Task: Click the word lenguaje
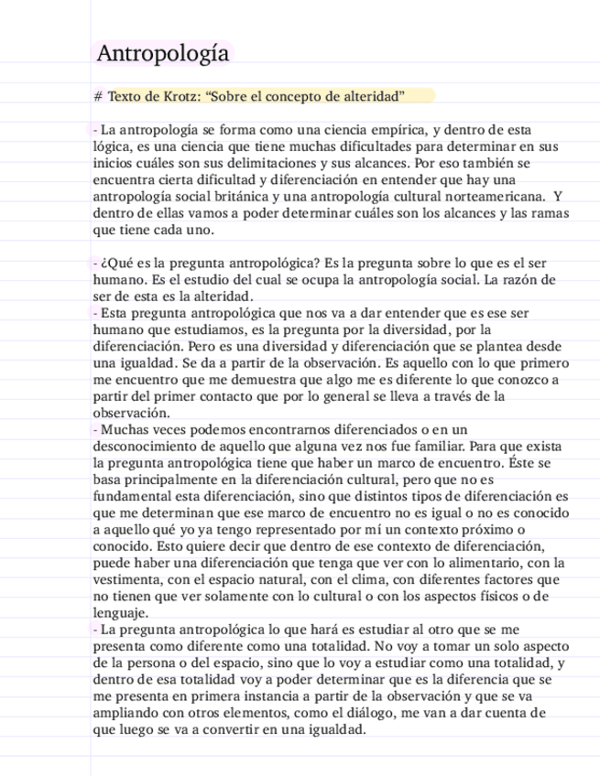(120, 612)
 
